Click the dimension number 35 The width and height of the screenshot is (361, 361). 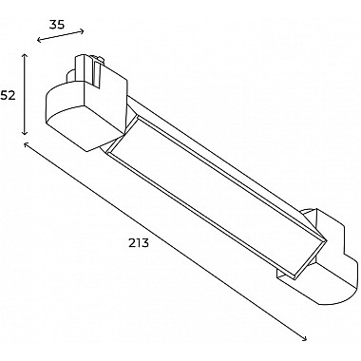click(x=57, y=25)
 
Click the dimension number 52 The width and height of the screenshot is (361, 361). click(x=8, y=95)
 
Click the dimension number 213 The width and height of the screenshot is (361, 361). click(x=139, y=243)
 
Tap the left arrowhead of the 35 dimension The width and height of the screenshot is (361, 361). click(x=40, y=40)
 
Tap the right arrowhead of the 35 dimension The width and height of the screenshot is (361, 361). click(x=82, y=31)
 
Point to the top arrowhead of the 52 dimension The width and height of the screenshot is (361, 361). click(x=25, y=56)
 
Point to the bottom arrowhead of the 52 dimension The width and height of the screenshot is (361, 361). click(x=25, y=133)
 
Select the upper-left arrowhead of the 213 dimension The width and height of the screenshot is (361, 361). click(x=27, y=145)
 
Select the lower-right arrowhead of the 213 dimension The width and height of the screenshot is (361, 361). click(x=305, y=338)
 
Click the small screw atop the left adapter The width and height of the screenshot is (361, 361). click(x=98, y=59)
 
